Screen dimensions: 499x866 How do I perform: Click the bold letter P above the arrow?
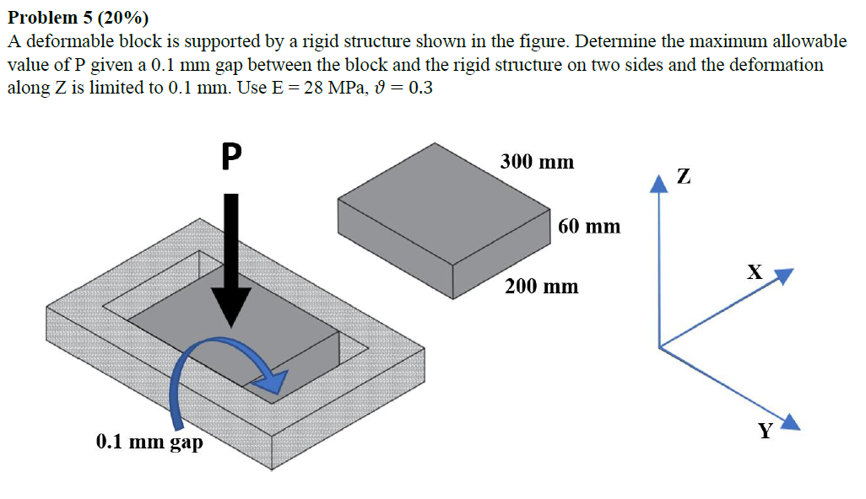[230, 156]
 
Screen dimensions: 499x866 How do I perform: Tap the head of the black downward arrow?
[230, 308]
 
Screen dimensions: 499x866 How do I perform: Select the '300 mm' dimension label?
[537, 161]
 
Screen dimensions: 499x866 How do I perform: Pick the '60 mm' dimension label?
[589, 226]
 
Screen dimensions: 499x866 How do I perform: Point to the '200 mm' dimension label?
[542, 287]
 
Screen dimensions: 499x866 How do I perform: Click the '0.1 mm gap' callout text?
[149, 441]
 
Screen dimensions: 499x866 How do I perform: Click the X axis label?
[754, 271]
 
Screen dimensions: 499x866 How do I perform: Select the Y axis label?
[765, 432]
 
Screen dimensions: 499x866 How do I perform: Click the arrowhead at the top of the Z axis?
[658, 185]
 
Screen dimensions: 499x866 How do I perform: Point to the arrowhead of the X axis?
[784, 276]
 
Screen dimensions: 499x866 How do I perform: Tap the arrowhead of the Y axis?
[792, 422]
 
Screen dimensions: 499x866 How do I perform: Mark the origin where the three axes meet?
[659, 346]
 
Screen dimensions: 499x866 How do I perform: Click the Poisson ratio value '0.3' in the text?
[419, 88]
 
